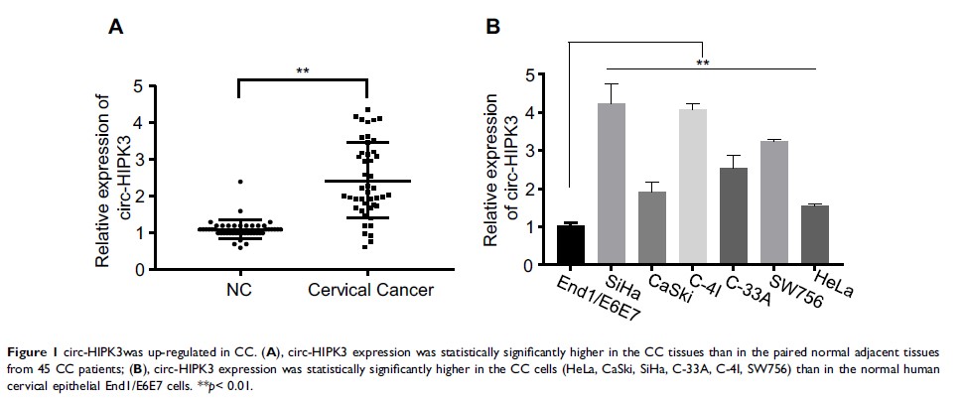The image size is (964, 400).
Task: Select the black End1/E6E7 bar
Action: pyautogui.click(x=570, y=245)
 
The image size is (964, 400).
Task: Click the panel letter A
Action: pyautogui.click(x=115, y=30)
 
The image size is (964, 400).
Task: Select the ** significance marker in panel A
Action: pyautogui.click(x=303, y=71)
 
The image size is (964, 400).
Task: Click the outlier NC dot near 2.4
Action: pyautogui.click(x=239, y=182)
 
